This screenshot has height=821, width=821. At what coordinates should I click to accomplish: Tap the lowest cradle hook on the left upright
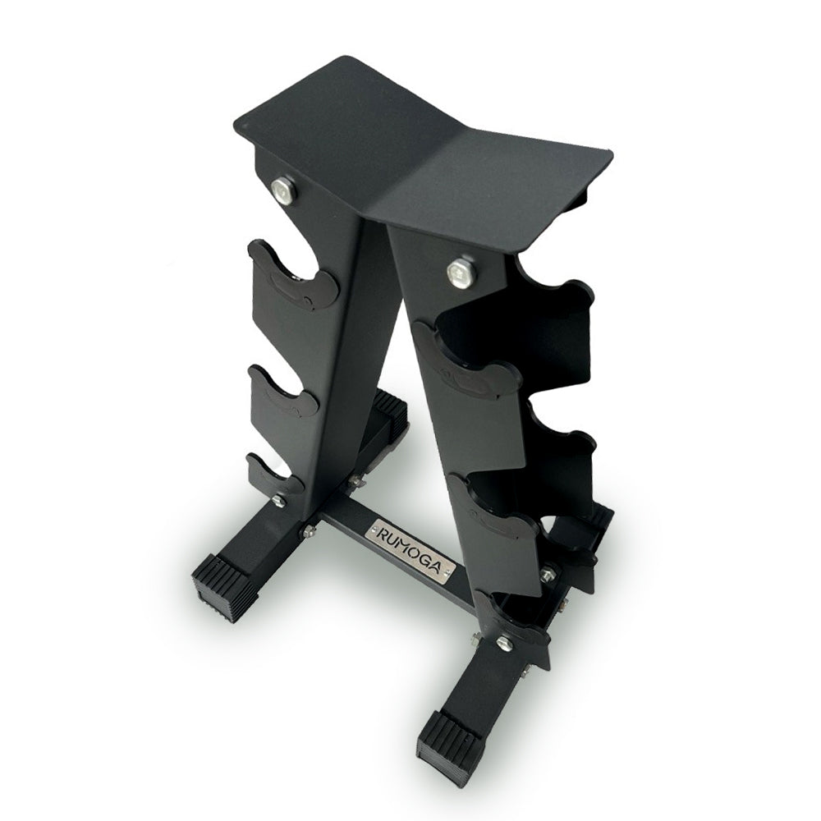point(275,476)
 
